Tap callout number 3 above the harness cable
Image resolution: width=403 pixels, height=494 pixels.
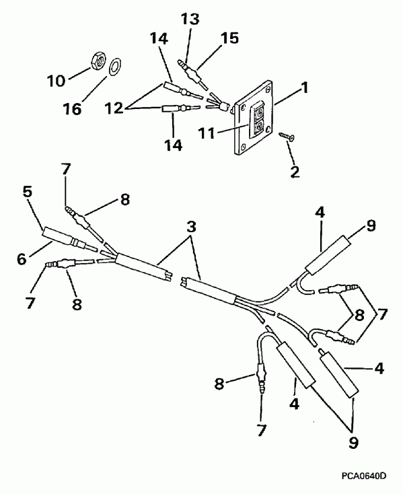click(x=192, y=228)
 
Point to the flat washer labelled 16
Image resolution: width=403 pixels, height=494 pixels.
click(x=114, y=65)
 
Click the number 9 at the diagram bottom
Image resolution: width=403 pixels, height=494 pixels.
click(x=353, y=442)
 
